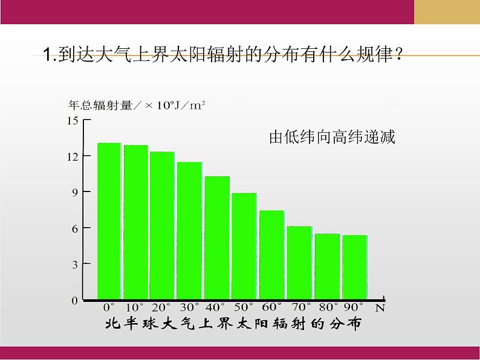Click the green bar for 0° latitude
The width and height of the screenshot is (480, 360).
point(109,221)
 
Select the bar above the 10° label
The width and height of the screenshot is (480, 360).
point(136,222)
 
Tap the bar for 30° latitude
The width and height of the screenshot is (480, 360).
point(189,231)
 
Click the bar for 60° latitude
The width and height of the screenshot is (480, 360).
point(271,255)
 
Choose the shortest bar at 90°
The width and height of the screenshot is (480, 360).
point(354,267)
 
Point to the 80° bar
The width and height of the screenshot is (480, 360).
point(327,266)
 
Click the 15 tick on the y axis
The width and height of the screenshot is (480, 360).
point(73,120)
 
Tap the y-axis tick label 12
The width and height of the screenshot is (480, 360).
point(73,156)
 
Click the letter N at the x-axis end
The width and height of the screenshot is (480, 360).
point(380,307)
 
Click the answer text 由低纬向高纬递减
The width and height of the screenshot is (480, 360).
point(332,138)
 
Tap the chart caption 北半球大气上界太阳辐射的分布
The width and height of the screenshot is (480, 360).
point(233,324)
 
